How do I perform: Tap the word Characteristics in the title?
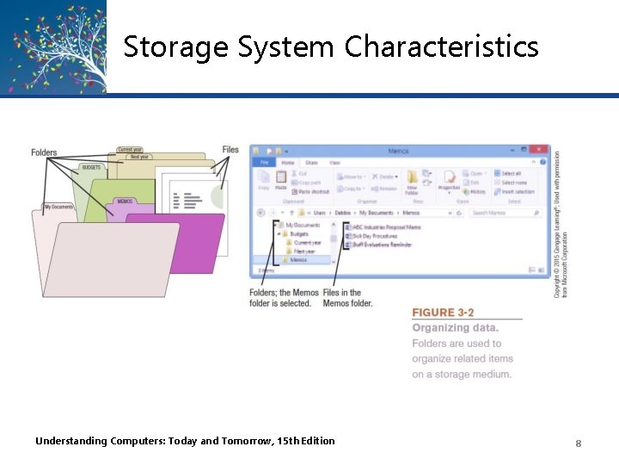point(442,46)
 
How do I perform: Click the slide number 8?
point(579,443)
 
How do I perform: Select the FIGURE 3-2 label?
point(443,312)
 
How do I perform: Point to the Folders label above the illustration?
point(44,153)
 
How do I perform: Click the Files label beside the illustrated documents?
point(230,150)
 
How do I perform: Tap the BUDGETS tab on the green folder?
point(91,167)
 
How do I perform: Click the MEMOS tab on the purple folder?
point(126,201)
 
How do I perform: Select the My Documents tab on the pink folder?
point(59,207)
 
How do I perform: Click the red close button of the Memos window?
point(539,151)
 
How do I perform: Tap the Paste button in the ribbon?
point(281,181)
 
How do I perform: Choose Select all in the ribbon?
point(511,173)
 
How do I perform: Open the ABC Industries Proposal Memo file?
point(387,226)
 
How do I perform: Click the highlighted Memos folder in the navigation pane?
point(297,259)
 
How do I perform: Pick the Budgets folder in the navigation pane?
point(298,234)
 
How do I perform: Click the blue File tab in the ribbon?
point(264,162)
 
